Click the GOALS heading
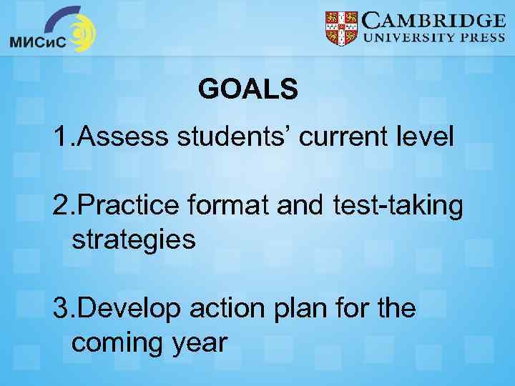point(247,89)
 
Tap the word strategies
point(134,239)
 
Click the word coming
point(116,344)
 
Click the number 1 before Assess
point(60,137)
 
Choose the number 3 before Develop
point(60,310)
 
